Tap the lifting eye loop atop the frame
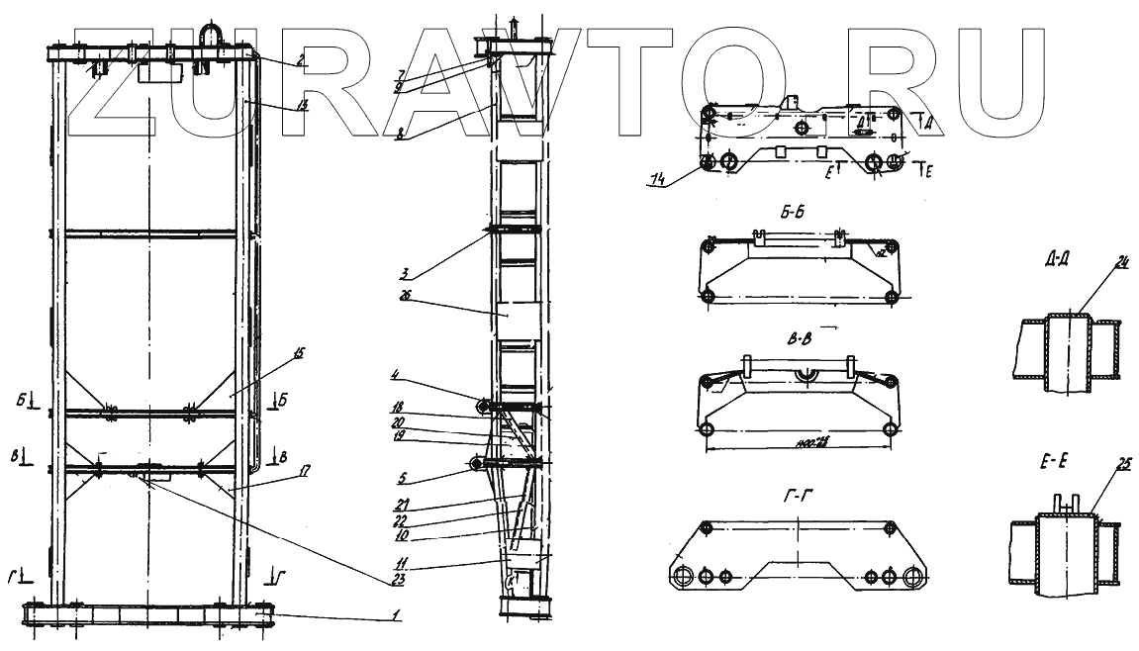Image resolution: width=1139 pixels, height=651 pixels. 215,33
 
